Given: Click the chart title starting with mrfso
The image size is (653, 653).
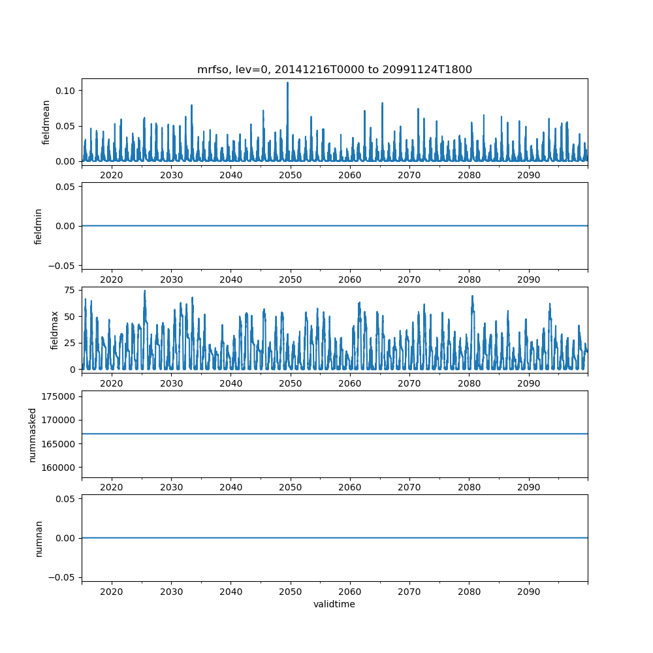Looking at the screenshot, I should point(334,69).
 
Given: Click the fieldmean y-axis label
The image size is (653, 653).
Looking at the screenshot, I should point(46,122).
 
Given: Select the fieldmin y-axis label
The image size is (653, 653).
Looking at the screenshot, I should point(39,226).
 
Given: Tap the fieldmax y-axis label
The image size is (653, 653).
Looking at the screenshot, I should point(55,330).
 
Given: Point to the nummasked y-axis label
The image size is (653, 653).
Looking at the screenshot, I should point(32,434).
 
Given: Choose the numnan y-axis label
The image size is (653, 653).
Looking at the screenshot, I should point(39,537).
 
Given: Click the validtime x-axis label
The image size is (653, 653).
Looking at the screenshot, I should point(334,604).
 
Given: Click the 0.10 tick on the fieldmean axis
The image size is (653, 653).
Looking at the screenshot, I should point(67,90).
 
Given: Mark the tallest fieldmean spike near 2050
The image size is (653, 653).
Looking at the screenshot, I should point(287,83).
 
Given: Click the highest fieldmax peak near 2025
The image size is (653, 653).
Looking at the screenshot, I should point(144,291).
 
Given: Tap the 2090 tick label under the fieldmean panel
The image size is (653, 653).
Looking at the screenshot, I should point(528,176).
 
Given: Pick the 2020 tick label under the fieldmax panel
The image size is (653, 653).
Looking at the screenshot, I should point(112,383).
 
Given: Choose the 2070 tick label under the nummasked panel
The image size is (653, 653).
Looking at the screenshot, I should point(409,487).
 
